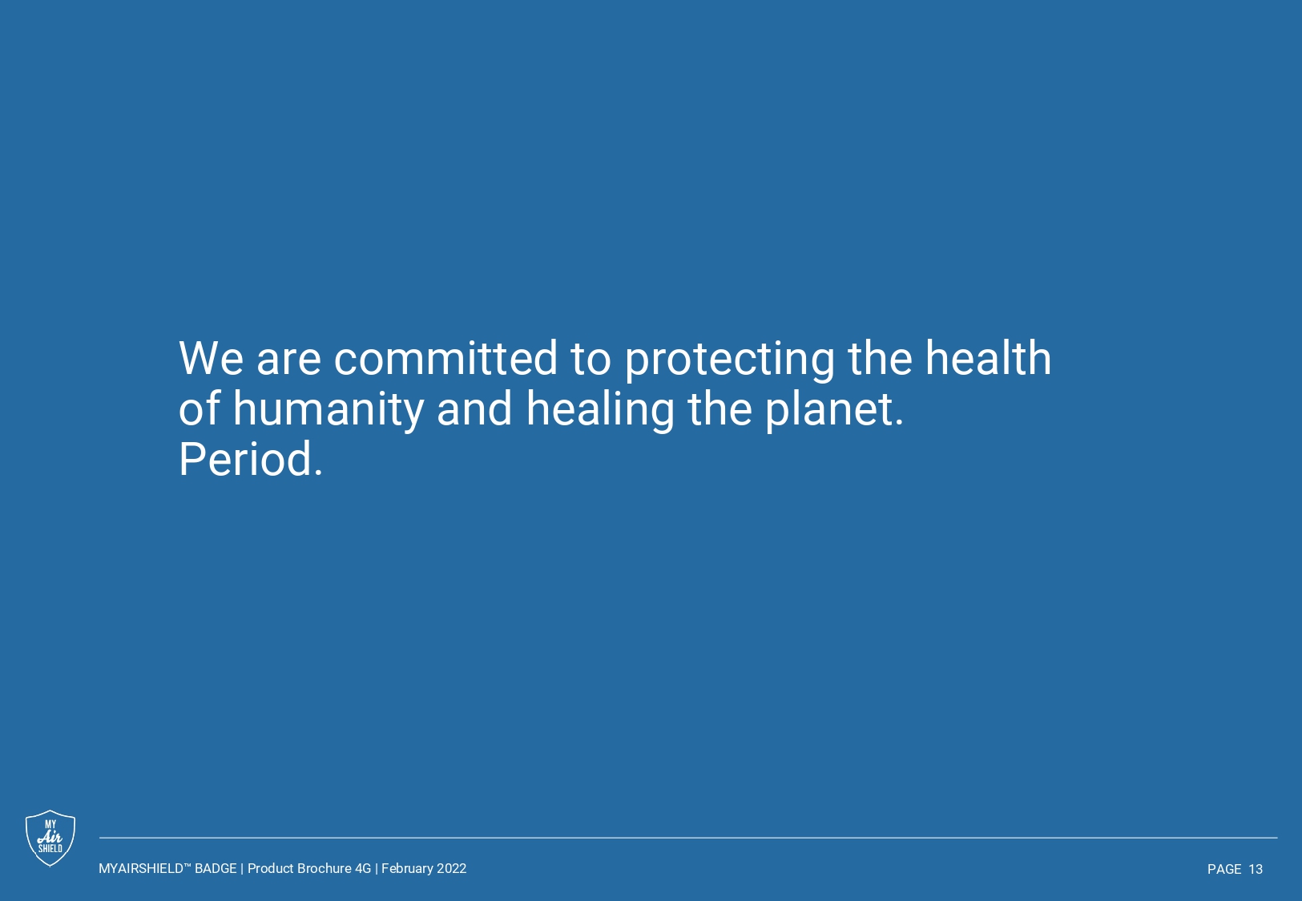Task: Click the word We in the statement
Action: click(x=211, y=359)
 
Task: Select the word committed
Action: click(x=445, y=358)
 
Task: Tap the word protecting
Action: click(x=729, y=360)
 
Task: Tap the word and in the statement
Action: click(x=474, y=408)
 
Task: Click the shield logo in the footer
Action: click(x=50, y=838)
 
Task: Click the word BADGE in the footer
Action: click(x=216, y=868)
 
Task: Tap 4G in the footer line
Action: click(x=363, y=868)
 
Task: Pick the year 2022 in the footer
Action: click(x=452, y=868)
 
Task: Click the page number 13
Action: click(x=1256, y=869)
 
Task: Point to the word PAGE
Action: click(x=1225, y=869)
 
